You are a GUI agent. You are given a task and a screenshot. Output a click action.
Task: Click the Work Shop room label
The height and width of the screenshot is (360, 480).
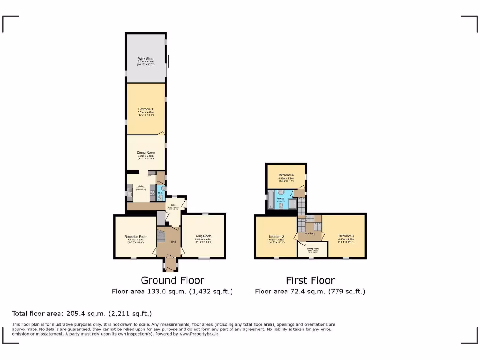click(145, 59)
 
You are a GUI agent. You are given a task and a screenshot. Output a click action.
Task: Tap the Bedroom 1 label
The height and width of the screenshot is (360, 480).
click(145, 109)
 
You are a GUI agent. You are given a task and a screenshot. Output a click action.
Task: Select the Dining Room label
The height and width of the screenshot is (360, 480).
click(145, 153)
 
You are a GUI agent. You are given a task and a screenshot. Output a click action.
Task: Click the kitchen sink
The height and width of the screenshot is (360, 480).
click(129, 193)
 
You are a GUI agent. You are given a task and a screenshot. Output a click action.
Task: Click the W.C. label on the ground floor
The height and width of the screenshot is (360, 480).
click(160, 193)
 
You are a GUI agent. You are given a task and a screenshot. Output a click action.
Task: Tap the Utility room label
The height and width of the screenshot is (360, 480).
click(173, 205)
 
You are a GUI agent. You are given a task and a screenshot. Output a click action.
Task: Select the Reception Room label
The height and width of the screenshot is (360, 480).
click(135, 237)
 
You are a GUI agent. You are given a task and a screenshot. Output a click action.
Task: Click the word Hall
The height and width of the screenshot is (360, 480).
click(173, 242)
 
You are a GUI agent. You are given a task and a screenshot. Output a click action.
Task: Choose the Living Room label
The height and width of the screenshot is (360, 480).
click(203, 236)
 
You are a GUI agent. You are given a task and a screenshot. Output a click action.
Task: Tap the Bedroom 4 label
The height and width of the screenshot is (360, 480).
click(286, 175)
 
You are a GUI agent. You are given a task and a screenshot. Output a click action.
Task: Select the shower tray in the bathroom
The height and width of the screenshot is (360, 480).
click(292, 203)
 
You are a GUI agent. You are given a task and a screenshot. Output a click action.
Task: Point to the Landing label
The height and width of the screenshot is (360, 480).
click(309, 233)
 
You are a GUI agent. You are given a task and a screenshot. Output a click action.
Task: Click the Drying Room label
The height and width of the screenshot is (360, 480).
click(313, 249)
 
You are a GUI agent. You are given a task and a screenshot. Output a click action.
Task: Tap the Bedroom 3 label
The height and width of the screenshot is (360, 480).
click(346, 236)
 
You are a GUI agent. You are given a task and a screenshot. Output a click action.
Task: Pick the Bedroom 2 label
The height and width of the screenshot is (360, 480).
click(277, 236)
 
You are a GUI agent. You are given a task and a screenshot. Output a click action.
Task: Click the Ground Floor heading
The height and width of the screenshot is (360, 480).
click(172, 280)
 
